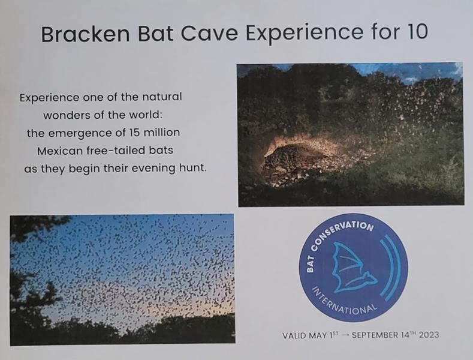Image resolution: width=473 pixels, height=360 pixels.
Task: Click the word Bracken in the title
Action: point(85,34)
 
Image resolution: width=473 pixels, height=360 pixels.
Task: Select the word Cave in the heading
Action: point(209,33)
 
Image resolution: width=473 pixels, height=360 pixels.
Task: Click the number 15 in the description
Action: point(134,133)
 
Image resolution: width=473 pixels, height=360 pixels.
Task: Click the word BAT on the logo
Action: point(310,263)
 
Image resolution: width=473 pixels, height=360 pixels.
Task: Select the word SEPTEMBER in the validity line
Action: point(375,335)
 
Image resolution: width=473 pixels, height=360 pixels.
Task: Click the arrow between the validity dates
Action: point(346,335)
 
